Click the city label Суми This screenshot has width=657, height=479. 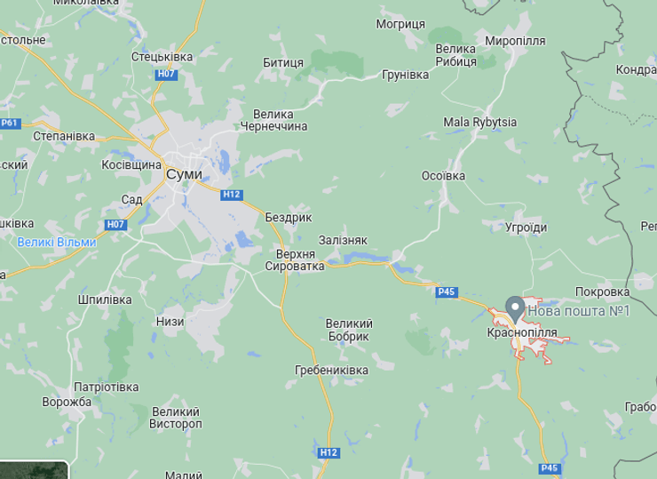(184, 174)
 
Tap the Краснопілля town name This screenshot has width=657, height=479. (522, 332)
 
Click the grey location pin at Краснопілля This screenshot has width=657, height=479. (514, 309)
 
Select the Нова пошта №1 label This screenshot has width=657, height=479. (578, 310)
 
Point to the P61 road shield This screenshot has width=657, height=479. (9, 124)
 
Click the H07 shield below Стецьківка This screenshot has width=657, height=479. (166, 74)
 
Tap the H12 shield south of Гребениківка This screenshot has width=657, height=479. (328, 452)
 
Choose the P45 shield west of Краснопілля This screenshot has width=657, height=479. (447, 291)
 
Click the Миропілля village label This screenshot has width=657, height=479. (515, 41)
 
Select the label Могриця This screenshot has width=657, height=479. (400, 24)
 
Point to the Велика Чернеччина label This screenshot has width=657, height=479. (281, 120)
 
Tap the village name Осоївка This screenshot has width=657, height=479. (443, 175)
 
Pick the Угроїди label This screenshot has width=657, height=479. (526, 228)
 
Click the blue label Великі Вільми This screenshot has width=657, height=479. (57, 242)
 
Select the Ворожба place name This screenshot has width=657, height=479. (67, 402)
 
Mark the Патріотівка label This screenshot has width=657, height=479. (106, 387)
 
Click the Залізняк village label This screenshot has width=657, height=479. (343, 240)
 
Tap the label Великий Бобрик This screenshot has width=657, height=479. (349, 330)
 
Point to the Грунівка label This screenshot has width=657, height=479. (405, 75)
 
